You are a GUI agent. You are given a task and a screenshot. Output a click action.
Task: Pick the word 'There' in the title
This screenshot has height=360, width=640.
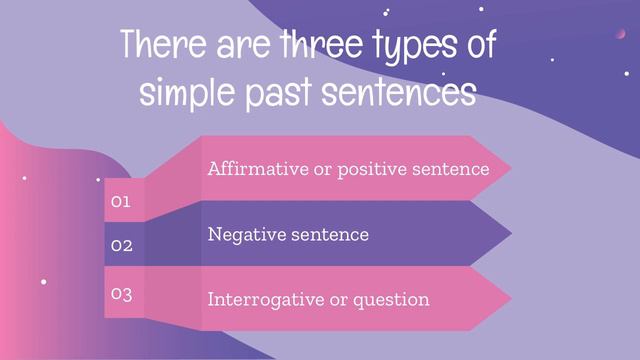[x=157, y=46]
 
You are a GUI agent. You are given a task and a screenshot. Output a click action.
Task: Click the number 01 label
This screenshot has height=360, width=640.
[x=121, y=202]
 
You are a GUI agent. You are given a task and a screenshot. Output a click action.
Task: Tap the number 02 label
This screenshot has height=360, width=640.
[x=121, y=245]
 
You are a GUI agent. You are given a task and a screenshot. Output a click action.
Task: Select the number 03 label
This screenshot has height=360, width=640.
[x=121, y=294]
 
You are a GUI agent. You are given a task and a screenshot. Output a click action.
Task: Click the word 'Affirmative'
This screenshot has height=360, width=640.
[x=258, y=169]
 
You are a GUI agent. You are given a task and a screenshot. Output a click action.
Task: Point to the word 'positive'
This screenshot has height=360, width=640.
[x=376, y=170]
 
